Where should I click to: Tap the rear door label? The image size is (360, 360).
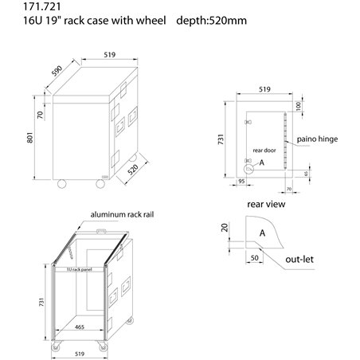pyautogui.click(x=264, y=149)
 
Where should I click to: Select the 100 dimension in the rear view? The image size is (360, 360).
pyautogui.click(x=298, y=107)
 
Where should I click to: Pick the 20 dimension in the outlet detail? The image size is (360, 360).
pyautogui.click(x=225, y=229)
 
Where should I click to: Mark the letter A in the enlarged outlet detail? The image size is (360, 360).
pyautogui.click(x=262, y=233)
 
